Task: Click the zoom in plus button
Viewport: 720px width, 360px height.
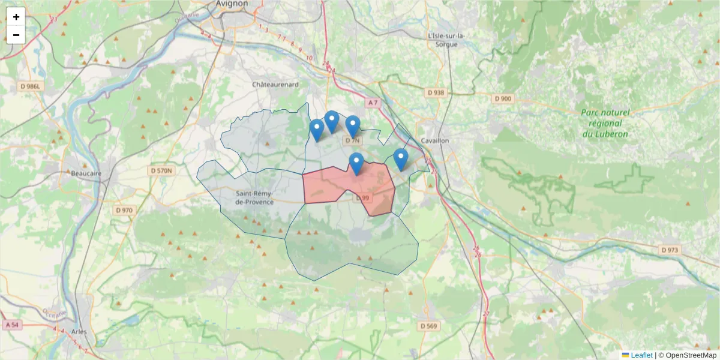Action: click(x=16, y=17)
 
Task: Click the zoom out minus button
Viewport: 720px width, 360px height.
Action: click(x=16, y=35)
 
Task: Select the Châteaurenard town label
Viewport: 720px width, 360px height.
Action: click(x=275, y=85)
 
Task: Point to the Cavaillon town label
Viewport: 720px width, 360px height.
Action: click(x=436, y=140)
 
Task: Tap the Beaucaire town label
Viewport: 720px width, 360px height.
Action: click(x=86, y=173)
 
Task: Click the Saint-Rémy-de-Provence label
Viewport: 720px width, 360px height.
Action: click(x=255, y=197)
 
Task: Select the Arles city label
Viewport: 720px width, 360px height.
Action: click(x=79, y=331)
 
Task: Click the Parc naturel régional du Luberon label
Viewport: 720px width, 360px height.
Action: click(x=605, y=123)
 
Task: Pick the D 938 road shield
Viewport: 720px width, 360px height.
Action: click(x=436, y=92)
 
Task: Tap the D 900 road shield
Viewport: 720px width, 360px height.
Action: click(x=503, y=98)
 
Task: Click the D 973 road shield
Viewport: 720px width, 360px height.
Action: click(x=670, y=250)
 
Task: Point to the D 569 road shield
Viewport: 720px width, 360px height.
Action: click(x=428, y=326)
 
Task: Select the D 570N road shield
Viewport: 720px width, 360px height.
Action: click(x=160, y=171)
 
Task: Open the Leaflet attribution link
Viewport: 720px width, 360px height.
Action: click(x=641, y=355)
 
